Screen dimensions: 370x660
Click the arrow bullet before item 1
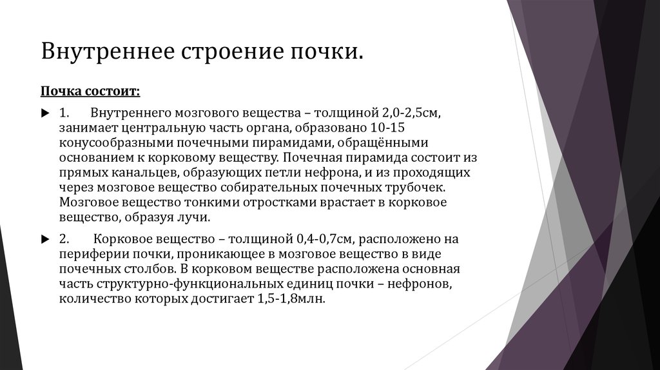44,113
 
